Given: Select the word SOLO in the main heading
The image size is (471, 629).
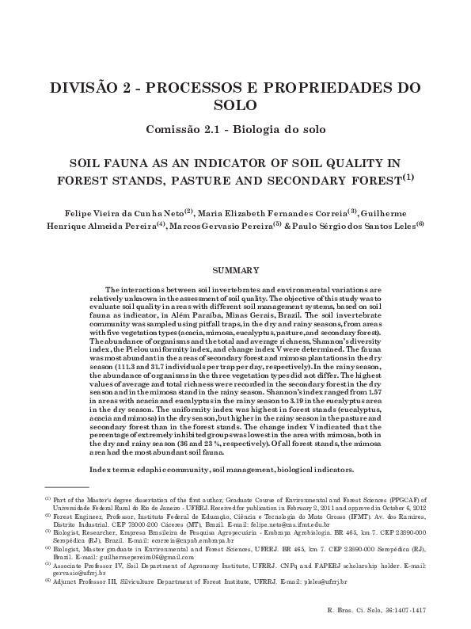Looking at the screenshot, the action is coord(235,105).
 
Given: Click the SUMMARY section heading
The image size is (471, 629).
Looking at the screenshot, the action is coord(235,271).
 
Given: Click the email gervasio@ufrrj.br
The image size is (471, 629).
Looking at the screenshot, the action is coord(74,574).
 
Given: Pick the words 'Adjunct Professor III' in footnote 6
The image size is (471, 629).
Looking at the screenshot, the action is coord(84,581).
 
